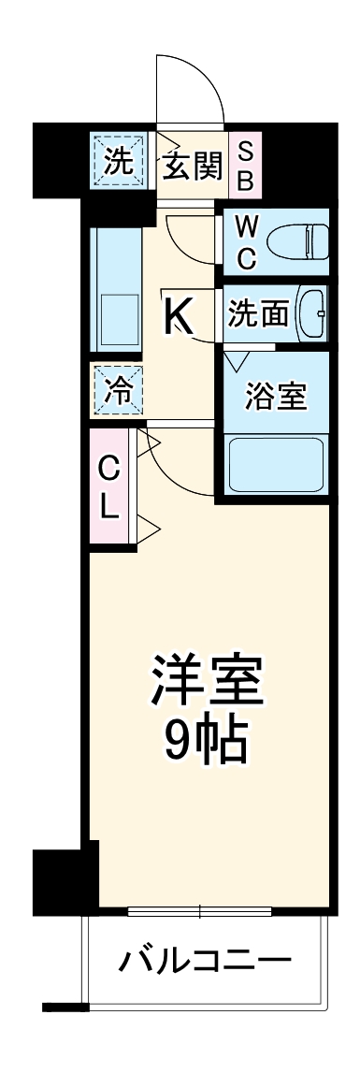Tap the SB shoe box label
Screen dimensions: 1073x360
[x=245, y=166]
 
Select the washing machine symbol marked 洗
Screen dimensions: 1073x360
[x=118, y=162]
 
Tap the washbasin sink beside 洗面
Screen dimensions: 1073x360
[x=311, y=314]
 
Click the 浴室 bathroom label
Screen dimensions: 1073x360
[x=275, y=396]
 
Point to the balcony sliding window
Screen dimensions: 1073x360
[x=200, y=910]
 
